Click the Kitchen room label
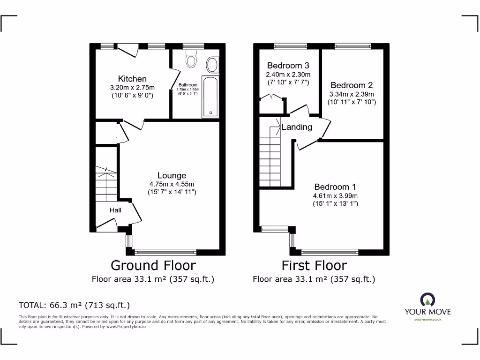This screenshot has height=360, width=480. [132, 79]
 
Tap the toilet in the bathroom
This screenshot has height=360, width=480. [190, 60]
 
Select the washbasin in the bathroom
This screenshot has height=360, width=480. [212, 65]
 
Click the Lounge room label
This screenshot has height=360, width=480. [172, 176]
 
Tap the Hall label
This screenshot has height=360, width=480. [115, 210]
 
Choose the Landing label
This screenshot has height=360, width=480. [297, 127]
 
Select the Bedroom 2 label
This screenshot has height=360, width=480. [352, 85]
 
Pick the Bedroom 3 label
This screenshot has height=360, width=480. [288, 65]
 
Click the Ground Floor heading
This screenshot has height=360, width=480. [153, 265]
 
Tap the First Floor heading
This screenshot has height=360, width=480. [314, 265]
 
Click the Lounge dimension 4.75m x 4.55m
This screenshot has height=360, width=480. [172, 184]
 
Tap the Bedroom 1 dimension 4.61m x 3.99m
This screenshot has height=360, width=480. [335, 195]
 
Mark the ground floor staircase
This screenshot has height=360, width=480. [106, 183]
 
